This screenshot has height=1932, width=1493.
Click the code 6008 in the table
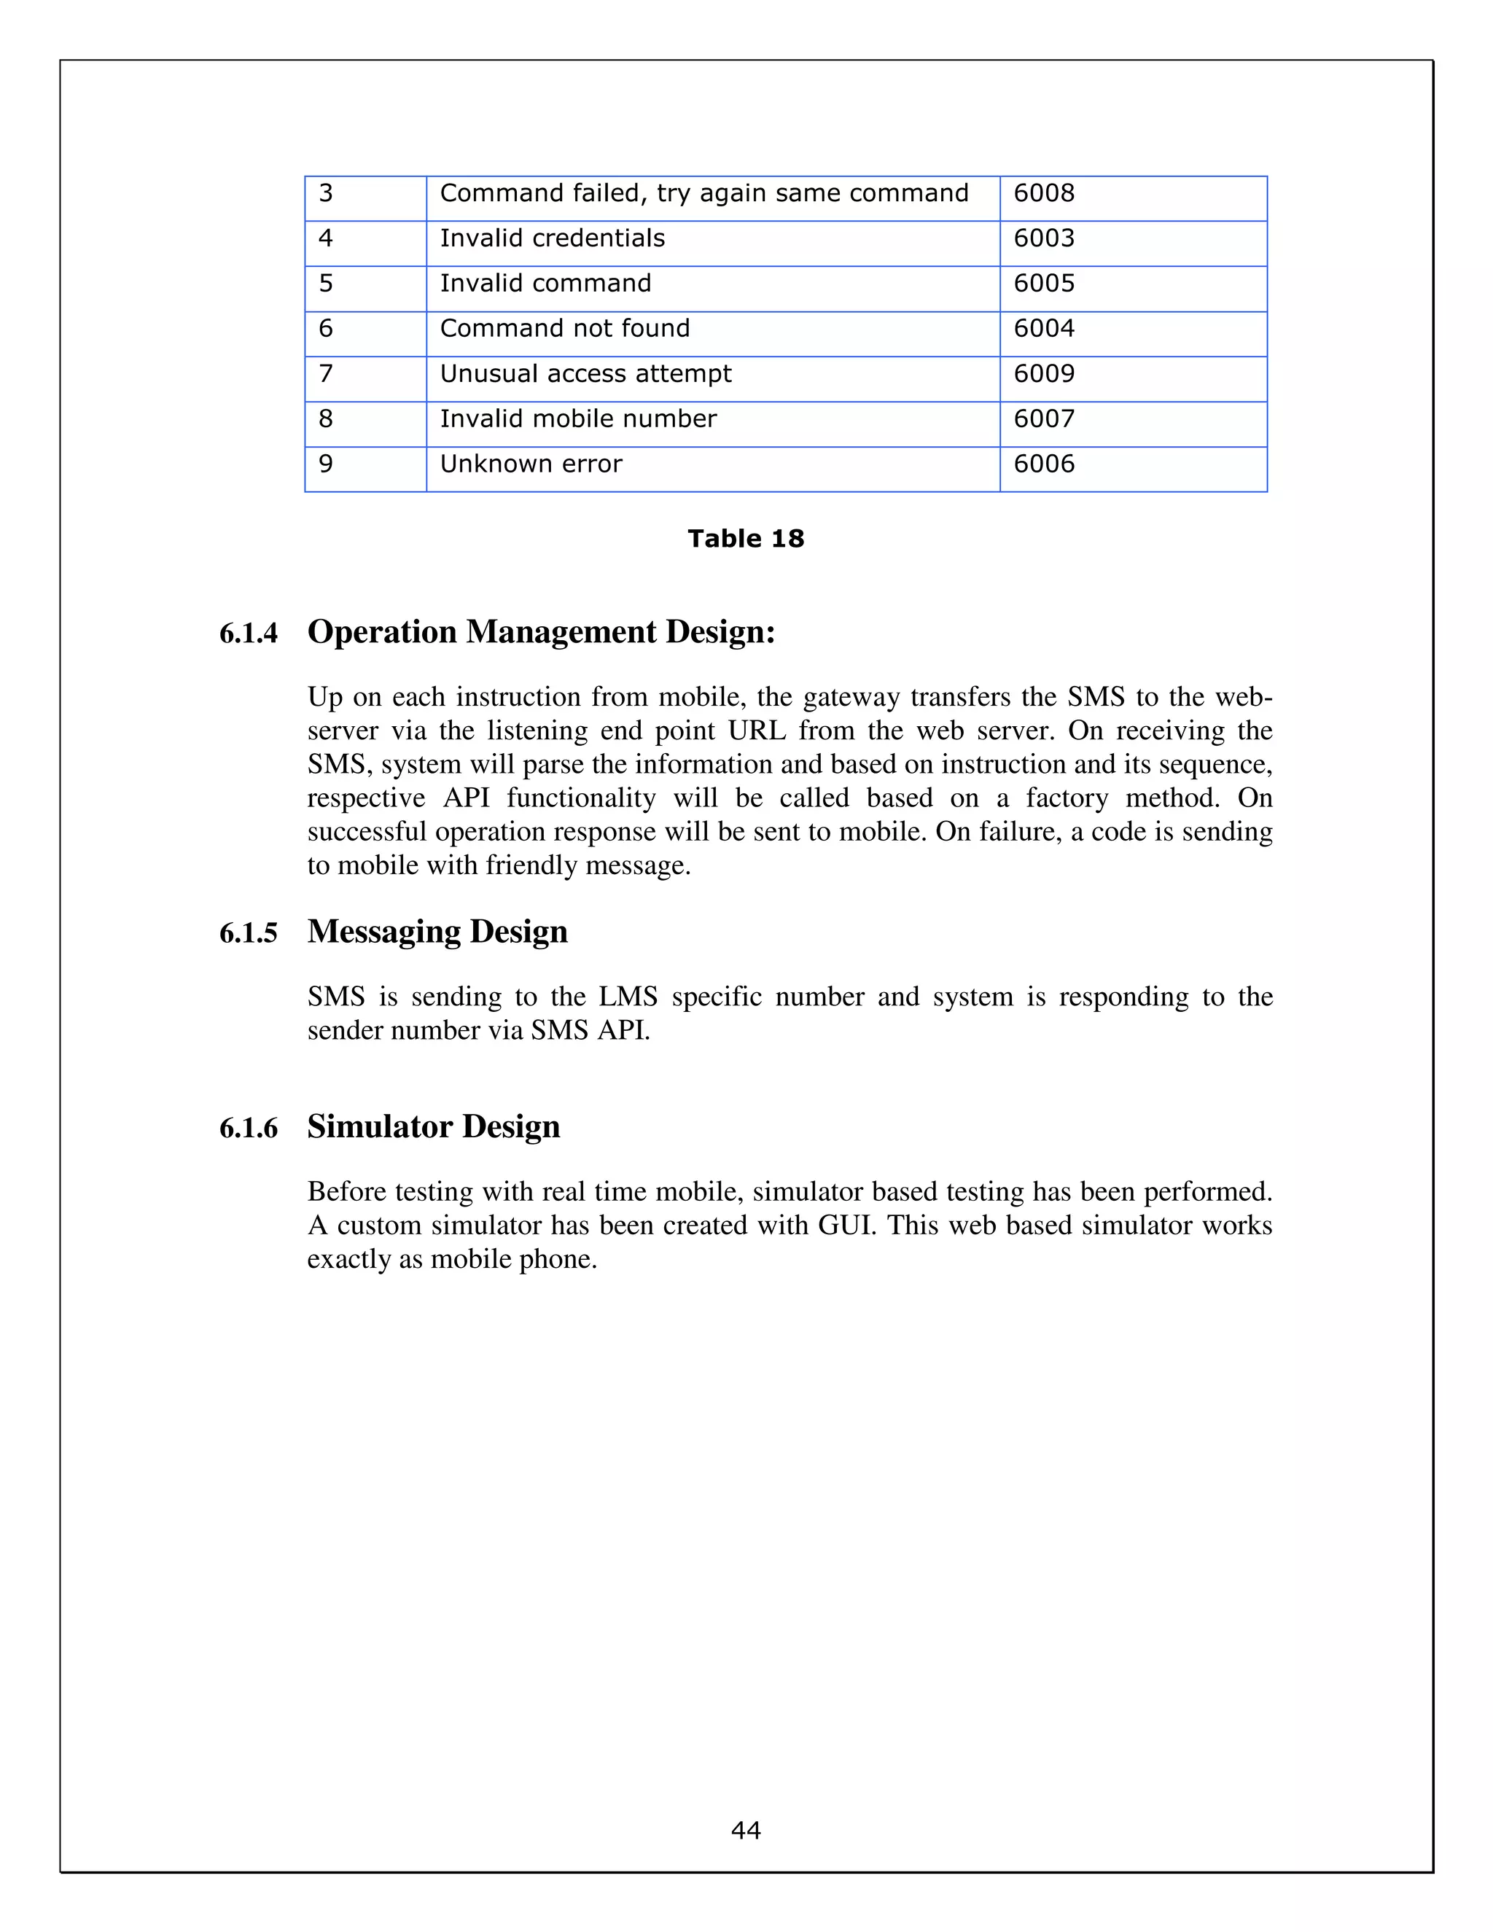click(1044, 194)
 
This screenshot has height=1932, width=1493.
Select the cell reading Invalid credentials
click(552, 239)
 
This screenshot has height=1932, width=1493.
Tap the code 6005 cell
click(1044, 284)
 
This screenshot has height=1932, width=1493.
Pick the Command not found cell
click(564, 329)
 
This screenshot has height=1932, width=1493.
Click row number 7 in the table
click(325, 374)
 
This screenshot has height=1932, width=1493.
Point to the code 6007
click(1044, 419)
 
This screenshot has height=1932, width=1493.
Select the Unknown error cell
click(531, 464)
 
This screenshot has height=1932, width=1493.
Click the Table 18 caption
click(746, 539)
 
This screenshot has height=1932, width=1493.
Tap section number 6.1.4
click(249, 634)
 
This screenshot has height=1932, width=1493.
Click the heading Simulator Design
click(434, 1127)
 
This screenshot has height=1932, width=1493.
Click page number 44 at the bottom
click(746, 1830)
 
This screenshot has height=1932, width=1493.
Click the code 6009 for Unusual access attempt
click(1044, 374)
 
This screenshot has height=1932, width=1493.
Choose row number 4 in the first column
click(325, 239)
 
